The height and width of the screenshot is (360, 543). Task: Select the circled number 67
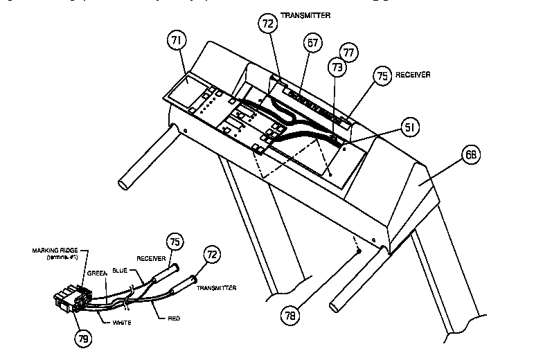312,44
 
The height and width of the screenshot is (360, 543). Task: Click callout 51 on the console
410,127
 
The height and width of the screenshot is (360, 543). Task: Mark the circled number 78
292,316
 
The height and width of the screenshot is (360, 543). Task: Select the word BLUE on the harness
120,270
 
